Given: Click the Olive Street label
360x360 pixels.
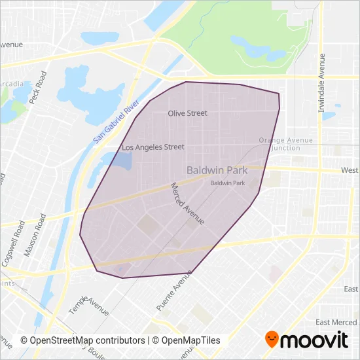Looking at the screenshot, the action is (187, 113).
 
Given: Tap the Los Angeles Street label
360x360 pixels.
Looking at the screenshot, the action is (153, 147).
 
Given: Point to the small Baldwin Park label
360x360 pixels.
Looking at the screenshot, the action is (227, 183).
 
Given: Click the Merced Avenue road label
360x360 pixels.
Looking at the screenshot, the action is (187, 204).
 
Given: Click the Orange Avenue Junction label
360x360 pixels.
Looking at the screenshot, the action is (285, 144).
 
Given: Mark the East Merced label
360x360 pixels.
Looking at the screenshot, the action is (336, 322).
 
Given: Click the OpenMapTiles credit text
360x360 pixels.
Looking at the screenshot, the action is (187, 340).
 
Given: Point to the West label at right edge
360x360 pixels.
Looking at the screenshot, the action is (349, 170).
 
